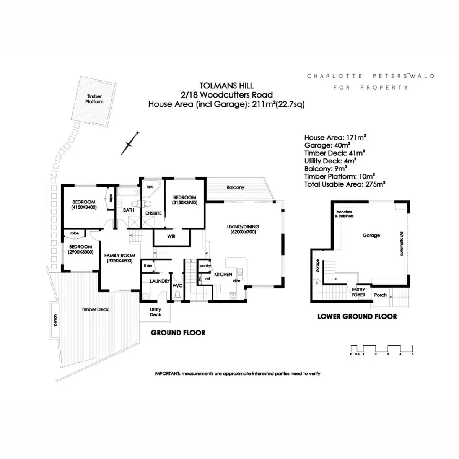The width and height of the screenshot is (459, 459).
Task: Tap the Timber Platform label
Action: pyautogui.click(x=94, y=99)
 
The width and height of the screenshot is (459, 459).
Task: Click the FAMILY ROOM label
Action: pyautogui.click(x=120, y=258)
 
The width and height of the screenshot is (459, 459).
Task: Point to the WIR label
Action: pyautogui.click(x=171, y=236)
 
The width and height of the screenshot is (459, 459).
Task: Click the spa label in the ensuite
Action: pyautogui.click(x=150, y=187)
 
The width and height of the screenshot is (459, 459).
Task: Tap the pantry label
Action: pyautogui.click(x=205, y=266)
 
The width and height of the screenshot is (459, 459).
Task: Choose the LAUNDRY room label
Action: pyautogui.click(x=160, y=281)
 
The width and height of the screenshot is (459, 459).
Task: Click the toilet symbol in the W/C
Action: pyautogui.click(x=177, y=296)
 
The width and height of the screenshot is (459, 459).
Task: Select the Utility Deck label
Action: pyautogui.click(x=155, y=312)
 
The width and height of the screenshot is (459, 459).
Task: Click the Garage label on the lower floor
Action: pyautogui.click(x=371, y=236)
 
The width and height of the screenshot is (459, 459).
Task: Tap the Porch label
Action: pyautogui.click(x=380, y=295)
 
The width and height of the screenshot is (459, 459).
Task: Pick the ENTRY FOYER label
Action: pyautogui.click(x=358, y=292)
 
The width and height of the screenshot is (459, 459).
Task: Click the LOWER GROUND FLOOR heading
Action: pyautogui.click(x=357, y=317)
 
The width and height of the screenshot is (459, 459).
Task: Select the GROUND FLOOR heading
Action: pyautogui.click(x=178, y=333)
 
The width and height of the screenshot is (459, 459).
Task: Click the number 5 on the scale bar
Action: pyautogui.click(x=413, y=354)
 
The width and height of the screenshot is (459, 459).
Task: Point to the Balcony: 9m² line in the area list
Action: pyautogui.click(x=326, y=169)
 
